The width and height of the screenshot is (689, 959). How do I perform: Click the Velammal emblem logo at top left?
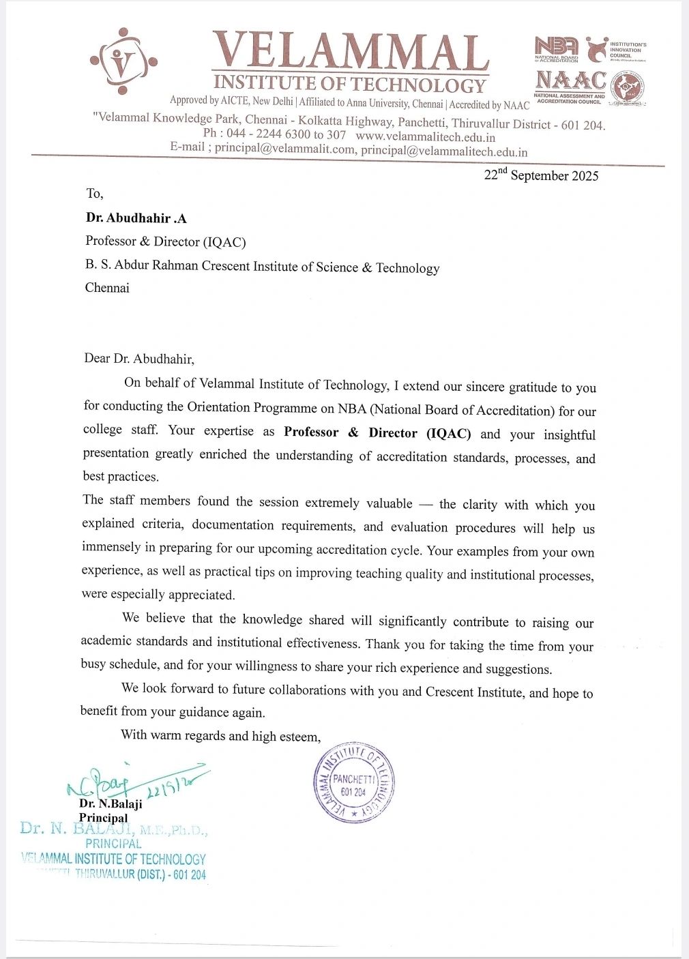(x=123, y=61)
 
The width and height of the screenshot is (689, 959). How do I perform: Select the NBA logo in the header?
(x=557, y=47)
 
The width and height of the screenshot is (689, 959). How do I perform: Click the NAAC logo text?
(x=570, y=80)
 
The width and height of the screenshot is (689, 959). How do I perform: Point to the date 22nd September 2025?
(x=541, y=175)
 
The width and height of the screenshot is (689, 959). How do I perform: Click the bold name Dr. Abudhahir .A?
(x=136, y=218)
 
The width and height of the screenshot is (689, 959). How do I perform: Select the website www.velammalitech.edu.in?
(x=426, y=136)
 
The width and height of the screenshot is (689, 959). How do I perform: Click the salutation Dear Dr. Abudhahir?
(x=139, y=359)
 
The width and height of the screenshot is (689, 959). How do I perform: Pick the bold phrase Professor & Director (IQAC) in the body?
(x=377, y=432)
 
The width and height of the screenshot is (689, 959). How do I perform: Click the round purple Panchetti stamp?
(x=354, y=782)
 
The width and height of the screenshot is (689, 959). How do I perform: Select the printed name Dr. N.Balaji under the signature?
(x=111, y=803)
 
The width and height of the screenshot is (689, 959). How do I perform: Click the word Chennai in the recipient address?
(x=107, y=288)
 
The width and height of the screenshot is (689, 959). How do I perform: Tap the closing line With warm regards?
(x=220, y=735)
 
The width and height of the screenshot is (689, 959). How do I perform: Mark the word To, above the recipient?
(x=95, y=194)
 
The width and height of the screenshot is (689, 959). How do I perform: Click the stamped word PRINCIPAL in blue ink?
(x=113, y=844)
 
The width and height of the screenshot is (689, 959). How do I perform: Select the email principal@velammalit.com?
(x=285, y=149)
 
